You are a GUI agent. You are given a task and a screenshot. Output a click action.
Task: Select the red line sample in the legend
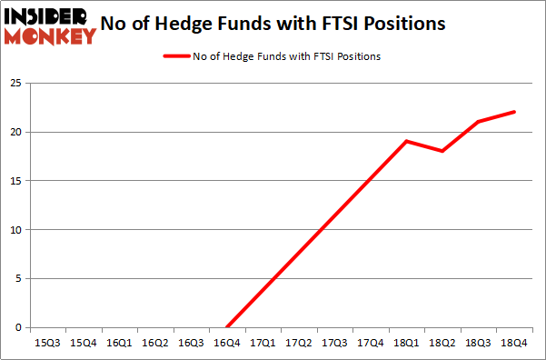point(176,56)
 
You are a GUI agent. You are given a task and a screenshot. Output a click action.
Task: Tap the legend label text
point(286,56)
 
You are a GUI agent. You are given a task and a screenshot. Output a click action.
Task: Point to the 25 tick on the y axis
point(15,84)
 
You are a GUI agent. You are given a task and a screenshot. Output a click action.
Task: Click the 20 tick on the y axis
point(15,133)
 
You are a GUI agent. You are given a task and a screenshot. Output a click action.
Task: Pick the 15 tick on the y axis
point(15,181)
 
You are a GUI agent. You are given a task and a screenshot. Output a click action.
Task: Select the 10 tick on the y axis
point(15,230)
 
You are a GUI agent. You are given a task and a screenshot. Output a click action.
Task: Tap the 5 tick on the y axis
point(18,279)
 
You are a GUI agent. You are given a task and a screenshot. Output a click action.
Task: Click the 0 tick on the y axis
point(18,327)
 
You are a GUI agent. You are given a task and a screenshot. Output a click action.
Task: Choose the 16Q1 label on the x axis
point(118,343)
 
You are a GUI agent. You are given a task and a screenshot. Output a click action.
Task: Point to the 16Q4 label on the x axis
point(226,343)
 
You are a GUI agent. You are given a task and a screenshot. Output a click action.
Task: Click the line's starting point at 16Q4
point(226,327)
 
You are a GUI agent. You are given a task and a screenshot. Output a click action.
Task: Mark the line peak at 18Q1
point(407,141)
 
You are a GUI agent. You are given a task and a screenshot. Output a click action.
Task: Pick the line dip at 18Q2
point(442,151)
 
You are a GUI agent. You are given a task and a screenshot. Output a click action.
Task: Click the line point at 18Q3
point(479,122)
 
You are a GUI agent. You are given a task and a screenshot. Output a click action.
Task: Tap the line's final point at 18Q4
point(515,112)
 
